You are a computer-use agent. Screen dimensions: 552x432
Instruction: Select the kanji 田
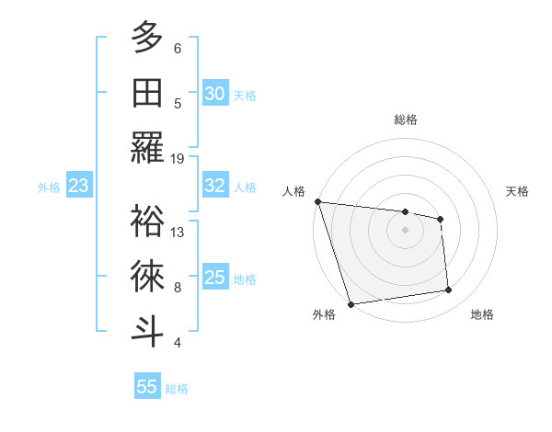coord(147,94)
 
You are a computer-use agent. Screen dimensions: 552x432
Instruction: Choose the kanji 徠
coord(147,277)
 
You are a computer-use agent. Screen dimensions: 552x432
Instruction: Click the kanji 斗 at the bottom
coord(147,331)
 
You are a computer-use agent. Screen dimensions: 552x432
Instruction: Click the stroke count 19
coord(178,158)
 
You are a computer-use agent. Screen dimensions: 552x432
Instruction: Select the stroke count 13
coord(178,232)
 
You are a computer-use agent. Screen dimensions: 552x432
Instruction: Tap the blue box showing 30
coord(214,93)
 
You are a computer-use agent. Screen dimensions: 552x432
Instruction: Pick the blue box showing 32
coord(214,186)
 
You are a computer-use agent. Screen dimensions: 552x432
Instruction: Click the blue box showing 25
coord(214,278)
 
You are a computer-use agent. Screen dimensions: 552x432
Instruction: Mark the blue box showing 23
coord(79,186)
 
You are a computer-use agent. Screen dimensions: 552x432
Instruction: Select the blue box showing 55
coord(147,387)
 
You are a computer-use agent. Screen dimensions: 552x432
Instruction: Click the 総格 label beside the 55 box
coord(177,389)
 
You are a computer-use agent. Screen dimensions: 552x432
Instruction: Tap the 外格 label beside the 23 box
coord(49,188)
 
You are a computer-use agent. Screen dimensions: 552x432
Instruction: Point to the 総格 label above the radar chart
coord(406,119)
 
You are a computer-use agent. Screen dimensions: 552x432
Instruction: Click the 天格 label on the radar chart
coord(518,191)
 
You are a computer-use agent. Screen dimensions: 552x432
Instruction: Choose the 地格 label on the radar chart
coord(482,315)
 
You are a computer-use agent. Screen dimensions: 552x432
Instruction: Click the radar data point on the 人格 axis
coord(317,201)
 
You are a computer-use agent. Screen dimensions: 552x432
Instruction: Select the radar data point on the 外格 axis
coord(351,304)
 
